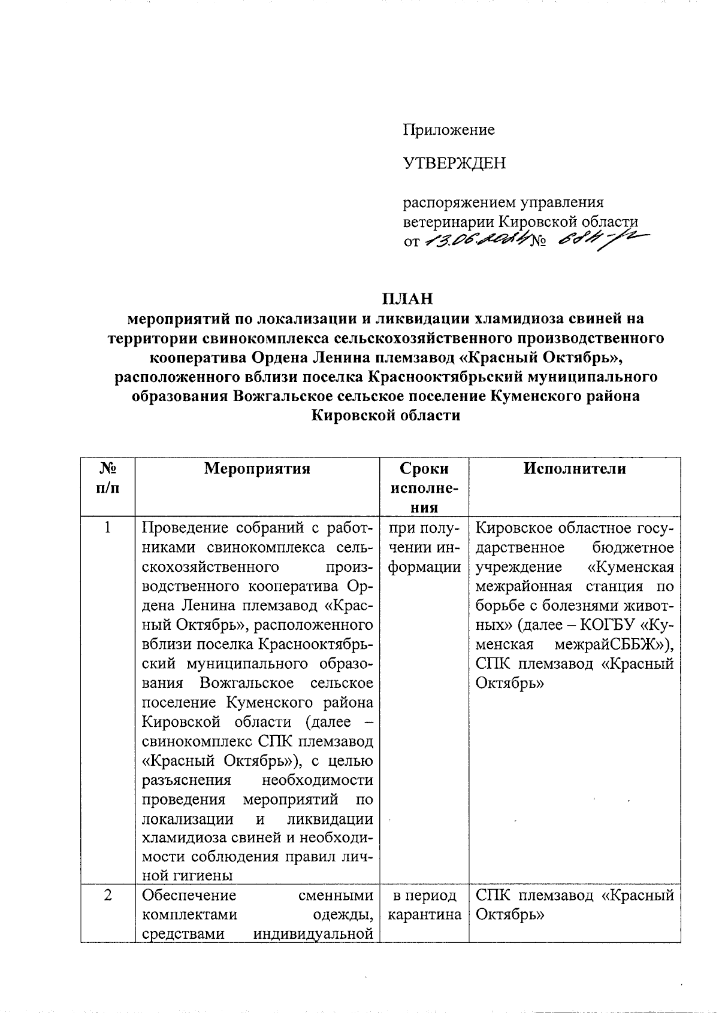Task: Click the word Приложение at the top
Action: (x=448, y=129)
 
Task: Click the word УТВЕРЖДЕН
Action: (x=454, y=163)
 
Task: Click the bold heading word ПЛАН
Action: (x=408, y=298)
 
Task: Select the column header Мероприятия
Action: (x=257, y=468)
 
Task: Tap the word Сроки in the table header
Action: (x=424, y=468)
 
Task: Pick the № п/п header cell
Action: (x=107, y=478)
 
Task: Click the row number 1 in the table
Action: (x=107, y=527)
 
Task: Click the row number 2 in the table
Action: (x=107, y=895)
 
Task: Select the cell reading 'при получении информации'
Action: (x=424, y=547)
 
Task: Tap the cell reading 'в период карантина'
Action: (x=424, y=905)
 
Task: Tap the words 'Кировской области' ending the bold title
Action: (x=386, y=415)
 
